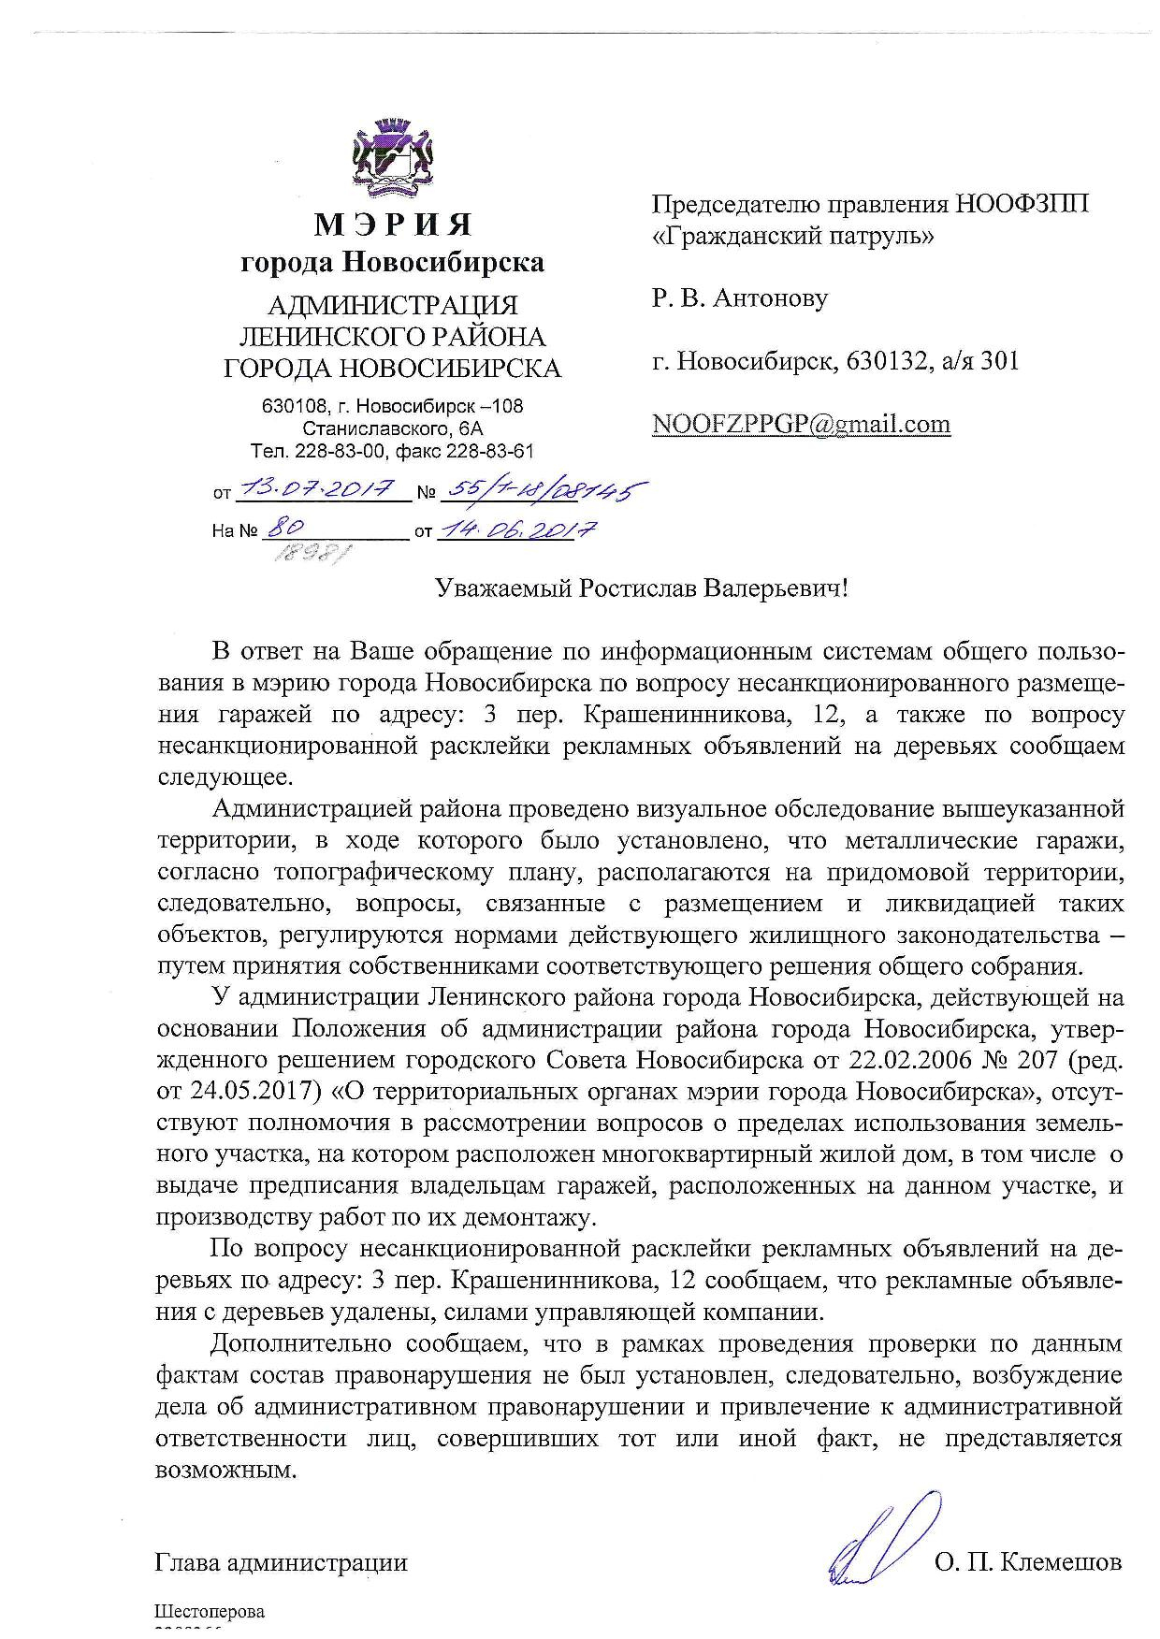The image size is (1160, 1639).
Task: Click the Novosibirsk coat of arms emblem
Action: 392,159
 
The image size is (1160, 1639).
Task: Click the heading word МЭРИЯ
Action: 393,225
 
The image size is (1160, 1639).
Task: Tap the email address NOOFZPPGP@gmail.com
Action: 801,425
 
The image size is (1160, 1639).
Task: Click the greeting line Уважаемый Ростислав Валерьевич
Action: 643,588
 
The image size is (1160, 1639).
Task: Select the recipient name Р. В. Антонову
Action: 740,298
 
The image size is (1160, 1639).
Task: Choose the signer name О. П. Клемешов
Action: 1027,1562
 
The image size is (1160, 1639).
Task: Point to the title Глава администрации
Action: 282,1562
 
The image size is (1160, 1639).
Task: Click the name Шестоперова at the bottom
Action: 210,1611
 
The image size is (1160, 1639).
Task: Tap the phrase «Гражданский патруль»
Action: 792,236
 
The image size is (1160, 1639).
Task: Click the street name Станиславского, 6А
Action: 393,429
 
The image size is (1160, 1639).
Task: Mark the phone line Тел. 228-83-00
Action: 318,451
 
